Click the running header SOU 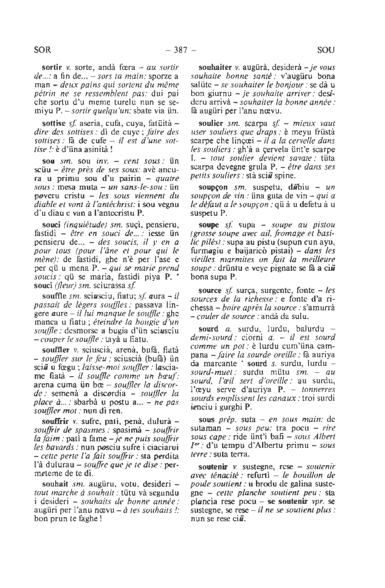pyautogui.click(x=326, y=50)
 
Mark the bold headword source pyautogui.click(x=210, y=290)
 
